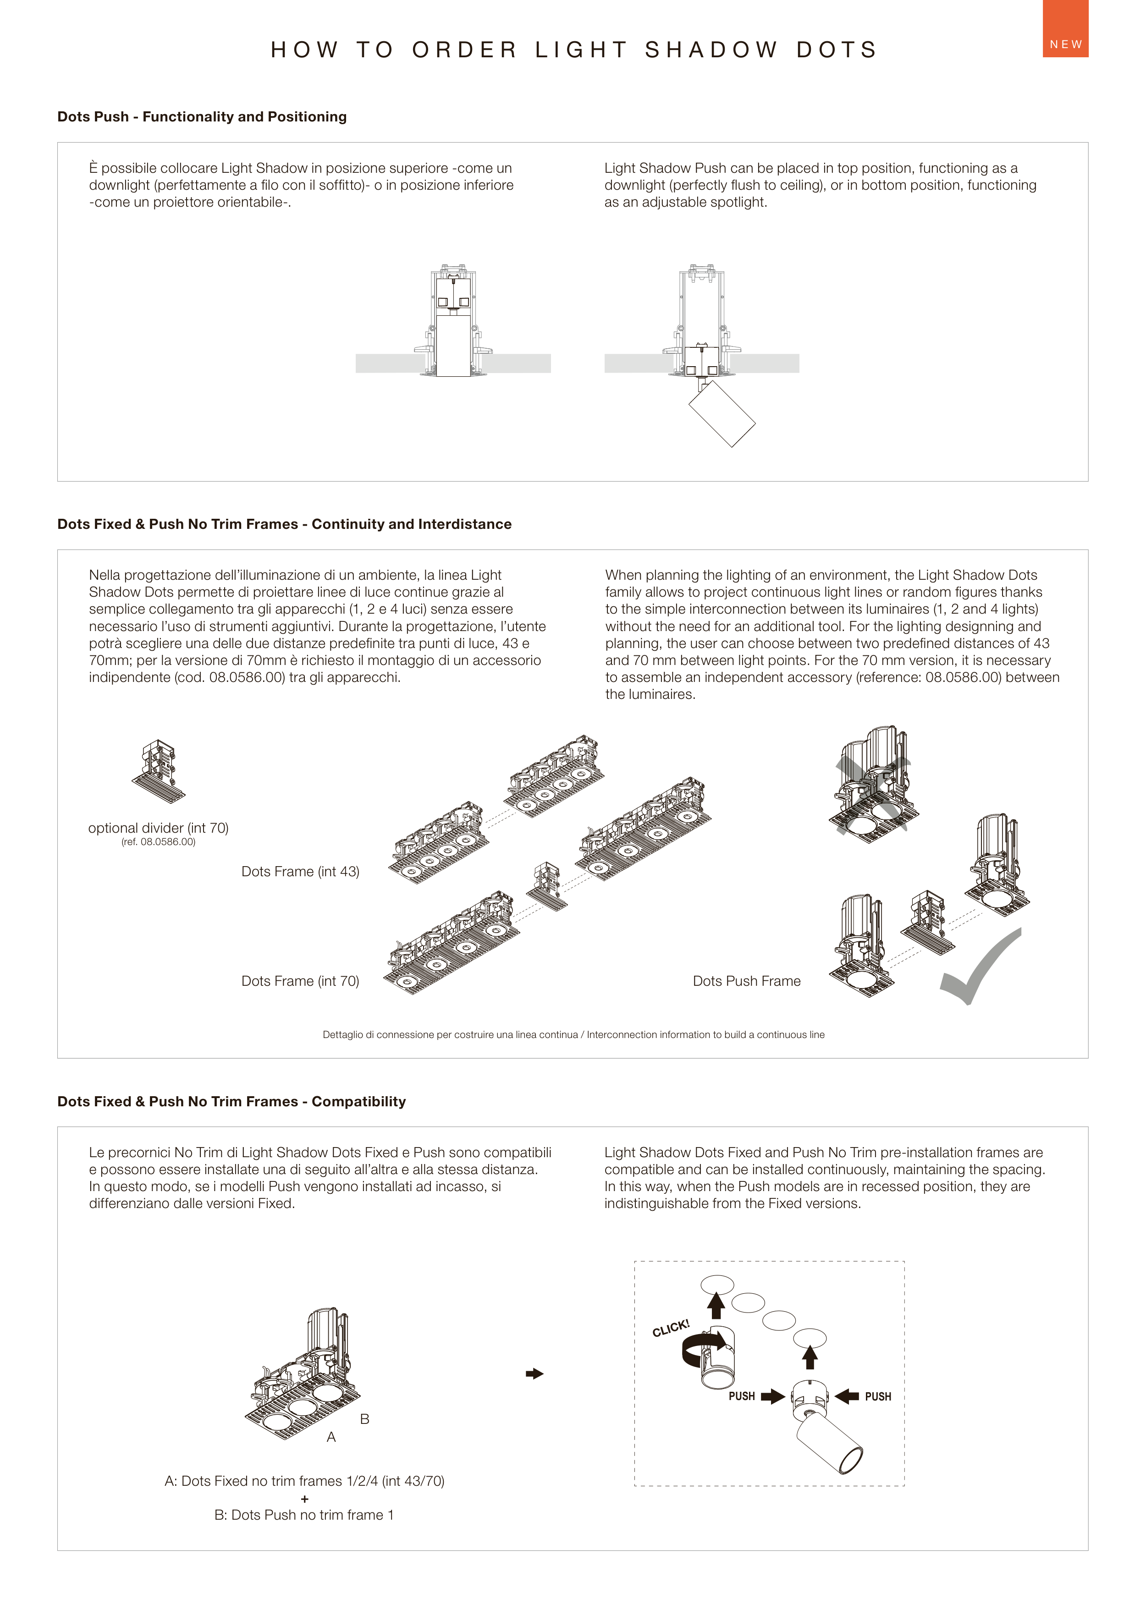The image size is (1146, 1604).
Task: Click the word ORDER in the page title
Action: pyautogui.click(x=465, y=50)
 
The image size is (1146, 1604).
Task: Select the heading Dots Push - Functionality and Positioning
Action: pyautogui.click(x=202, y=116)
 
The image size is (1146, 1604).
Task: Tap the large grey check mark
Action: pyautogui.click(x=977, y=970)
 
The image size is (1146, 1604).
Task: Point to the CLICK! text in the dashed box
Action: pyautogui.click(x=670, y=1328)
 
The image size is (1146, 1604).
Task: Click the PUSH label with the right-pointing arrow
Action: pyautogui.click(x=742, y=1396)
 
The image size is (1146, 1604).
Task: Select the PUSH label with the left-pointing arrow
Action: pyautogui.click(x=878, y=1396)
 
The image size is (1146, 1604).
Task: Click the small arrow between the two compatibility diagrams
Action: pyautogui.click(x=534, y=1373)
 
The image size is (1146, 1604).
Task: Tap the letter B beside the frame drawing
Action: pyautogui.click(x=365, y=1418)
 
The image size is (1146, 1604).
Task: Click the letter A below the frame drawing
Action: pyautogui.click(x=331, y=1437)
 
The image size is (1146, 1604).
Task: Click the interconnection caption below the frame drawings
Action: pyautogui.click(x=573, y=1035)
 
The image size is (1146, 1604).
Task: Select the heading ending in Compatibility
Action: pyautogui.click(x=231, y=1101)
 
